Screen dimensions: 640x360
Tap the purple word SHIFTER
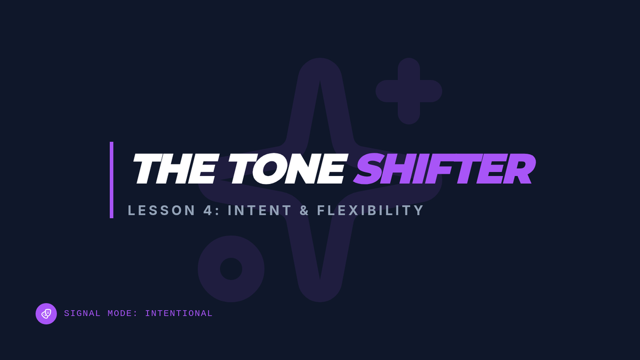[x=445, y=169]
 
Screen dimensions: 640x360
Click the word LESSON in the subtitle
[x=162, y=210]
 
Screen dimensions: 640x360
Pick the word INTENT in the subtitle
[x=259, y=210]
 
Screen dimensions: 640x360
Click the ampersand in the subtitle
[x=305, y=210]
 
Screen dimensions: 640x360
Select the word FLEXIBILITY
[x=370, y=210]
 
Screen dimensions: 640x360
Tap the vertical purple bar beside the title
[x=111, y=180]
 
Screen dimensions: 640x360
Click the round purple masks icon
[x=46, y=314]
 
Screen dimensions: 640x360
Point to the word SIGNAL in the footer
[x=82, y=314]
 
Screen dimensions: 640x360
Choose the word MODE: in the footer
[x=123, y=314]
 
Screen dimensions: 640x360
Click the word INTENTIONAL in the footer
[x=179, y=314]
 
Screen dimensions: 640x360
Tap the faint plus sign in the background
[x=409, y=91]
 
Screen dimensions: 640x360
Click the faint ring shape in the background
[x=209, y=269]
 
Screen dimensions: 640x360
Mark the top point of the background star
[x=320, y=59]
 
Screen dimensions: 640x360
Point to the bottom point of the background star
[x=320, y=301]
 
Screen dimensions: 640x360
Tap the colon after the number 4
[x=217, y=211]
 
